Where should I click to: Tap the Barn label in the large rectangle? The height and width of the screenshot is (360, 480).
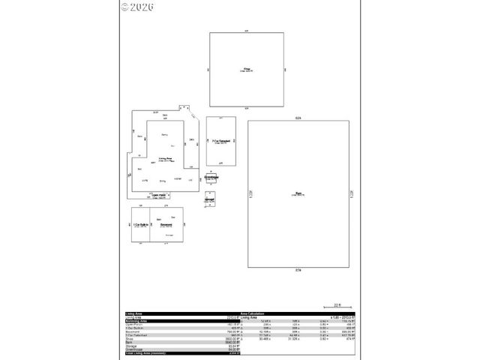(x=298, y=193)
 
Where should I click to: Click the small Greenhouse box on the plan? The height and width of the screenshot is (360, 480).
(x=211, y=177)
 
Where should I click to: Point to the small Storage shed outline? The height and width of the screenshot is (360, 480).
(x=210, y=199)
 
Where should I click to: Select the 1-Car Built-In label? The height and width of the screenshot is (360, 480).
(x=139, y=224)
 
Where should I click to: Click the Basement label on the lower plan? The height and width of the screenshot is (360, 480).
(x=166, y=224)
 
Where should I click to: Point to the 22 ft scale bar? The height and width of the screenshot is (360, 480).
(x=337, y=305)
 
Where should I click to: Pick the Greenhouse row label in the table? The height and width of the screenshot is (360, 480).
(x=134, y=349)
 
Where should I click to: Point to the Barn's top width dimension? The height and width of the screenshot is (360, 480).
(x=298, y=119)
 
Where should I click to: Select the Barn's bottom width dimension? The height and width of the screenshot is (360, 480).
(x=298, y=268)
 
